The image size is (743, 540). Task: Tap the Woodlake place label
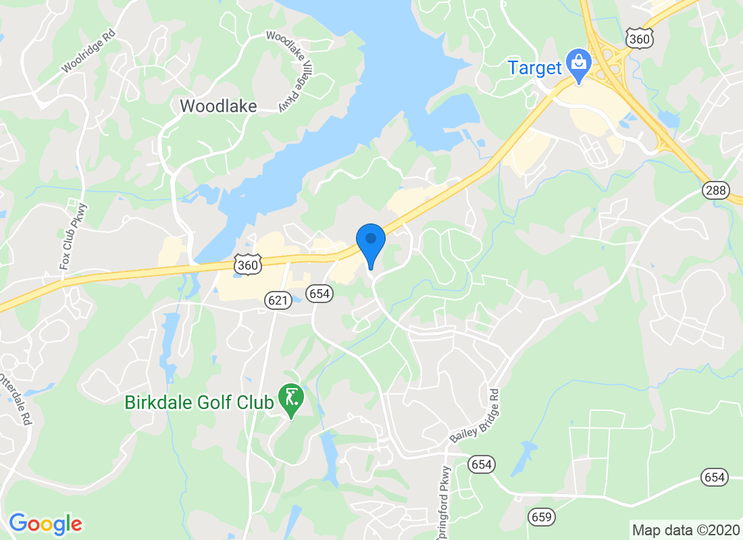(218, 106)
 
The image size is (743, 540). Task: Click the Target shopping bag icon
(579, 63)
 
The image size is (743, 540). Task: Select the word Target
(535, 67)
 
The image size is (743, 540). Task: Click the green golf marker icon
(292, 398)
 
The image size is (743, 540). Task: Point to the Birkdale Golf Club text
(199, 402)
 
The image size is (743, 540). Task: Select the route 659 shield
(541, 517)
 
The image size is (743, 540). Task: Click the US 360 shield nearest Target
(638, 39)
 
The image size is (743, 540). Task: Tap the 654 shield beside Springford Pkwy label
(482, 464)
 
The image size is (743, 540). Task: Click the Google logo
(45, 523)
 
